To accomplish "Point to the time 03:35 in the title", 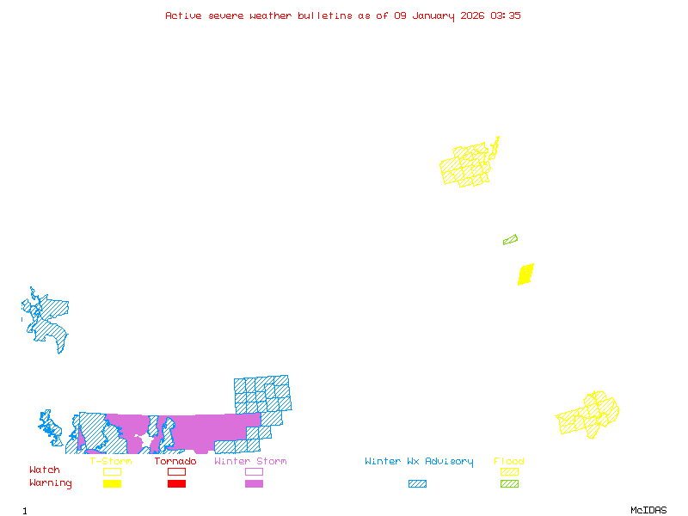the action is [x=506, y=15].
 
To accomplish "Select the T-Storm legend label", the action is [x=111, y=462].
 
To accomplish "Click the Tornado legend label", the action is [x=175, y=462].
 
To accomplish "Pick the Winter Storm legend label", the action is [x=250, y=462].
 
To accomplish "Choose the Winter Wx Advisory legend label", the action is [x=419, y=462].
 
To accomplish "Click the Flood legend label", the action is [x=509, y=462].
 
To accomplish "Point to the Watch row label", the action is [x=45, y=470].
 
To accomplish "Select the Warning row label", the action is [x=51, y=483].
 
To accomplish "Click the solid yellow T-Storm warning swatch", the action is [x=112, y=484].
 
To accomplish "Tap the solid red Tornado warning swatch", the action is [x=176, y=484].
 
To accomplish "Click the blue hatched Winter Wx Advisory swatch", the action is [x=417, y=484].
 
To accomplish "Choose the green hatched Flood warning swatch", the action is [x=509, y=484].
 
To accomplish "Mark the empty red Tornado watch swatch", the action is [x=176, y=471].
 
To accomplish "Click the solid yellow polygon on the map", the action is [x=525, y=274].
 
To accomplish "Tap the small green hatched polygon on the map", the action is [x=510, y=240].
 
